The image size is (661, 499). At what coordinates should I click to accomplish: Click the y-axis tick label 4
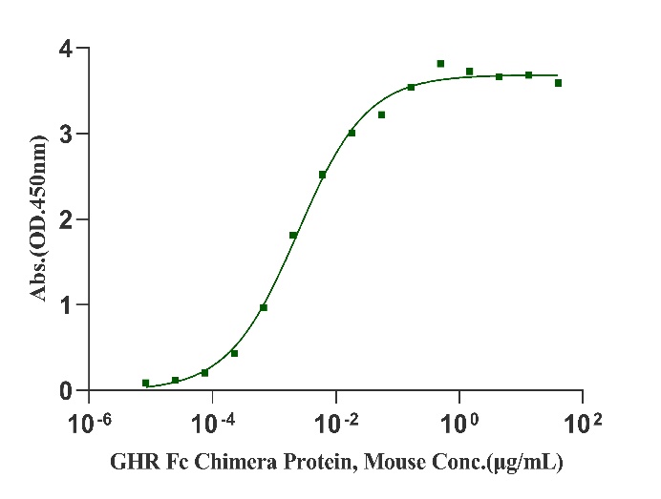(64, 48)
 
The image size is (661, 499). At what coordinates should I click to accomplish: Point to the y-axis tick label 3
(64, 134)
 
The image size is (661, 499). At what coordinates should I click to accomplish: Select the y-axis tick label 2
(64, 219)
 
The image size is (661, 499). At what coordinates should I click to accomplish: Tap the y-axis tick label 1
(64, 305)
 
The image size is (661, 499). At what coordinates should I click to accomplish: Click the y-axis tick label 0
(64, 391)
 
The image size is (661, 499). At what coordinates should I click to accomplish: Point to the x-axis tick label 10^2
(585, 421)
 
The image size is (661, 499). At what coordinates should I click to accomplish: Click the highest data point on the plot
(440, 64)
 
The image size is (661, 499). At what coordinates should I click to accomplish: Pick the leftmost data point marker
(145, 383)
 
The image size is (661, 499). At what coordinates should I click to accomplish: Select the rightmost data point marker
(558, 83)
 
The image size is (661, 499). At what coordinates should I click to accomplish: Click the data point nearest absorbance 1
(264, 307)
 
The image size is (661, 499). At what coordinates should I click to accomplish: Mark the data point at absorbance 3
(352, 133)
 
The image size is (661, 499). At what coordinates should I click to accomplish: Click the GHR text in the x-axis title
(130, 465)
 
